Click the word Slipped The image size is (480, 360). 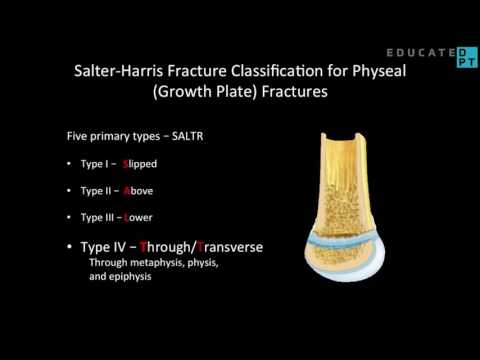coord(139,163)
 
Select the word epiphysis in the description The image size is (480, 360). coord(127,277)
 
